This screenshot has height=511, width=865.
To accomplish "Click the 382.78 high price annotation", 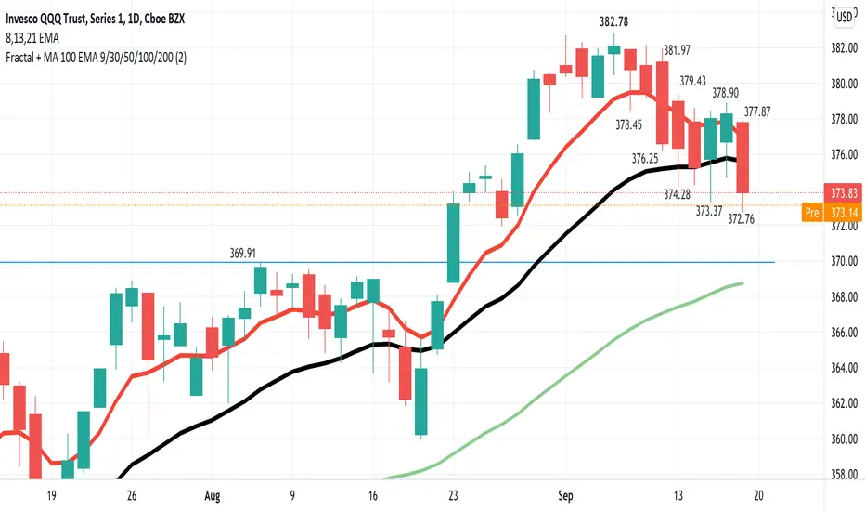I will click(x=613, y=22).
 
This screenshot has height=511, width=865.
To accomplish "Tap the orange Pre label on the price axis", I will click(x=812, y=213).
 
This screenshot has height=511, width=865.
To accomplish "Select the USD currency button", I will click(x=845, y=17).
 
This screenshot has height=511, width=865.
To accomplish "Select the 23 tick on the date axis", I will click(x=454, y=496).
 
